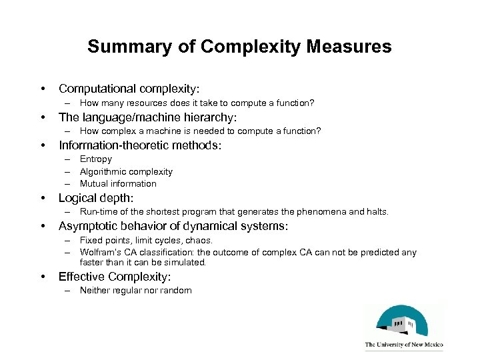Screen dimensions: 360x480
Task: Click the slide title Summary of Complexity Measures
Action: [239, 47]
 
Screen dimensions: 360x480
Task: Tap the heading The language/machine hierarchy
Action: [147, 117]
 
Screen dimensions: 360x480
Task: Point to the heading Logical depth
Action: [96, 198]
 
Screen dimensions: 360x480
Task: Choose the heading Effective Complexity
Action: [115, 276]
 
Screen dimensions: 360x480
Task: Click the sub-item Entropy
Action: [96, 159]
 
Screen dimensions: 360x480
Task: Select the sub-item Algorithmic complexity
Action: [126, 171]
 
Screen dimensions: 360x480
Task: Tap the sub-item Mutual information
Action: [118, 183]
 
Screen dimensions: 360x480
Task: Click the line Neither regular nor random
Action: [135, 290]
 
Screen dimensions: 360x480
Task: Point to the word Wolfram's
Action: [98, 252]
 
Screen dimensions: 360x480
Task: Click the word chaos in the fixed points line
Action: [199, 240]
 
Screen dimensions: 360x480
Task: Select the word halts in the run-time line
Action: [375, 212]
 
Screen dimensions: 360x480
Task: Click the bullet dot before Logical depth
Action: [43, 198]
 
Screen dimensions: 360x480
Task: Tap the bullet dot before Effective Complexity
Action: [43, 276]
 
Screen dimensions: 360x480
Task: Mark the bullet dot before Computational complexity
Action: [43, 89]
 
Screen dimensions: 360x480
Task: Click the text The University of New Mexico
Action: [404, 345]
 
